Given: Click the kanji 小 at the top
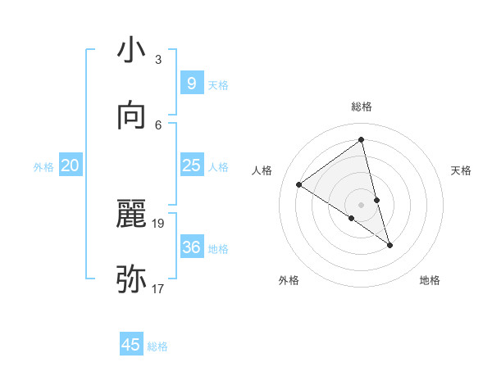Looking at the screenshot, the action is click(x=131, y=50).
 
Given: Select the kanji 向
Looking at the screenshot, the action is click(x=131, y=115).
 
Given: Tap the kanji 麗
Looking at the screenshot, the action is click(x=131, y=214).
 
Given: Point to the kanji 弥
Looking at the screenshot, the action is click(x=131, y=279).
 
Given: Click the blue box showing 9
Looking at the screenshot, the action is click(x=191, y=83).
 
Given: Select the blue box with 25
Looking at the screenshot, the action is click(x=191, y=165).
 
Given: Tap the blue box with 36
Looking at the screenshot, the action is click(x=191, y=247).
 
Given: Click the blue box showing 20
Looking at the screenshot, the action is click(x=70, y=165).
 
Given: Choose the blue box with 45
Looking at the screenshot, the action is click(x=131, y=345).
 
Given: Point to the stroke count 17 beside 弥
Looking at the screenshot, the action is click(x=158, y=288).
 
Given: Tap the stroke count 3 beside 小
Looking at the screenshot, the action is click(x=158, y=59).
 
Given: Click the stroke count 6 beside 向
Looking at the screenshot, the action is click(x=158, y=125).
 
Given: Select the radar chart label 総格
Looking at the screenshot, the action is click(x=362, y=106).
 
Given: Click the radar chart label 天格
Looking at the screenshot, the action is click(x=461, y=170).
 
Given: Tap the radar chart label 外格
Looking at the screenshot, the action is click(x=289, y=280).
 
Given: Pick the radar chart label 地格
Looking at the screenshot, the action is click(x=430, y=280).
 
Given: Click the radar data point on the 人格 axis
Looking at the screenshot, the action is click(x=299, y=184).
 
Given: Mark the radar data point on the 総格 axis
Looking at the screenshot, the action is click(x=362, y=140).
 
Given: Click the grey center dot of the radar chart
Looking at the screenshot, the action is click(x=362, y=204).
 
